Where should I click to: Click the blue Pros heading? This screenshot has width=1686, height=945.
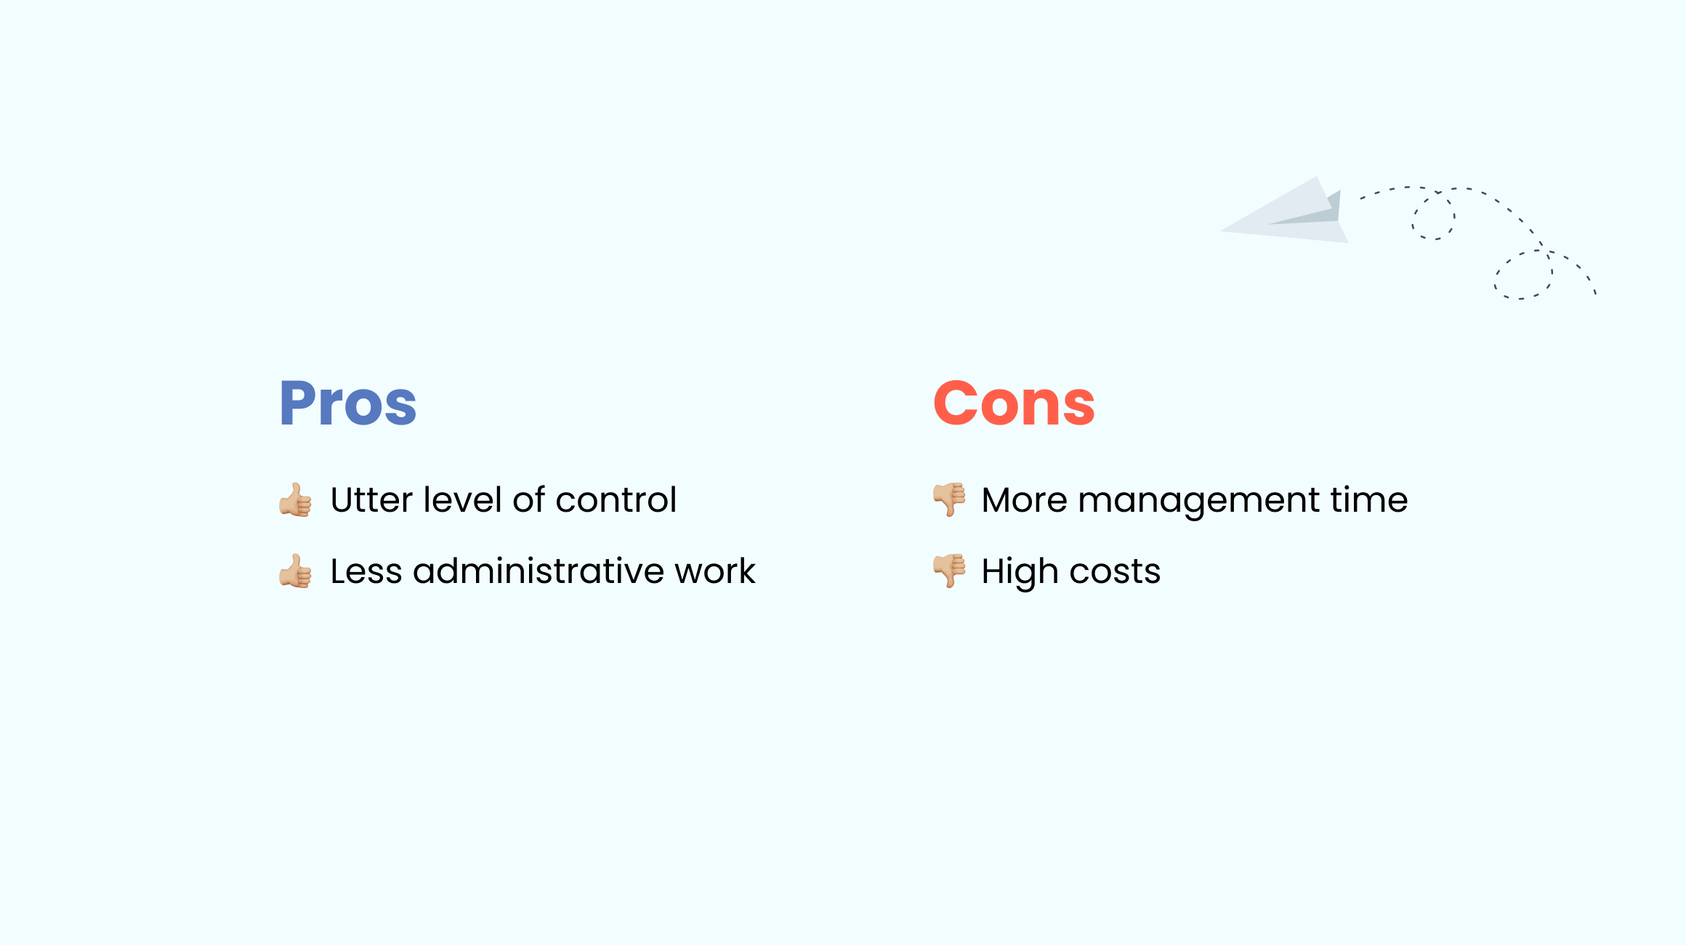pos(348,403)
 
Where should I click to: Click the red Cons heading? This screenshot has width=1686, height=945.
pos(1014,403)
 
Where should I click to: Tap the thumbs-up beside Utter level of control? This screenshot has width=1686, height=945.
pos(295,500)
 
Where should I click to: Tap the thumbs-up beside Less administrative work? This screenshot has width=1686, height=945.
pos(295,571)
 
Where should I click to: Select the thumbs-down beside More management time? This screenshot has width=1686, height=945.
pos(949,500)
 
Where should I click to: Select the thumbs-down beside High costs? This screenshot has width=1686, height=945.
pos(949,571)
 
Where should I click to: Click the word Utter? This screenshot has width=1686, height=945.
pos(371,500)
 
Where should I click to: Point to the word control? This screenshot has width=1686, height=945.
pos(616,500)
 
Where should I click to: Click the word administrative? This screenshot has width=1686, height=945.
pos(539,571)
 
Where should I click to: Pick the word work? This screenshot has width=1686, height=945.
pos(715,571)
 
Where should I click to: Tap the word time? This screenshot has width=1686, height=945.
pos(1369,500)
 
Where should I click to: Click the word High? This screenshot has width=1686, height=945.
pos(1020,573)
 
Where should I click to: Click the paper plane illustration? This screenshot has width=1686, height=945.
pos(1283,211)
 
